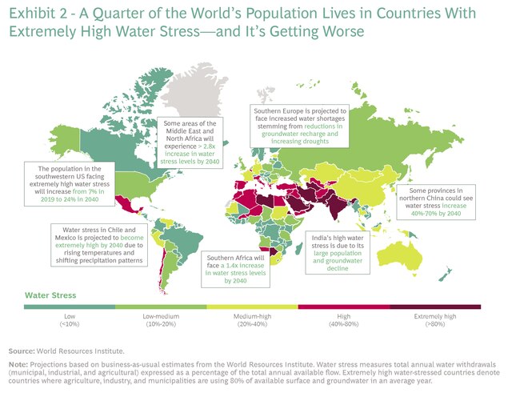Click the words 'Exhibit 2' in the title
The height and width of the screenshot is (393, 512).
(x=35, y=16)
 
